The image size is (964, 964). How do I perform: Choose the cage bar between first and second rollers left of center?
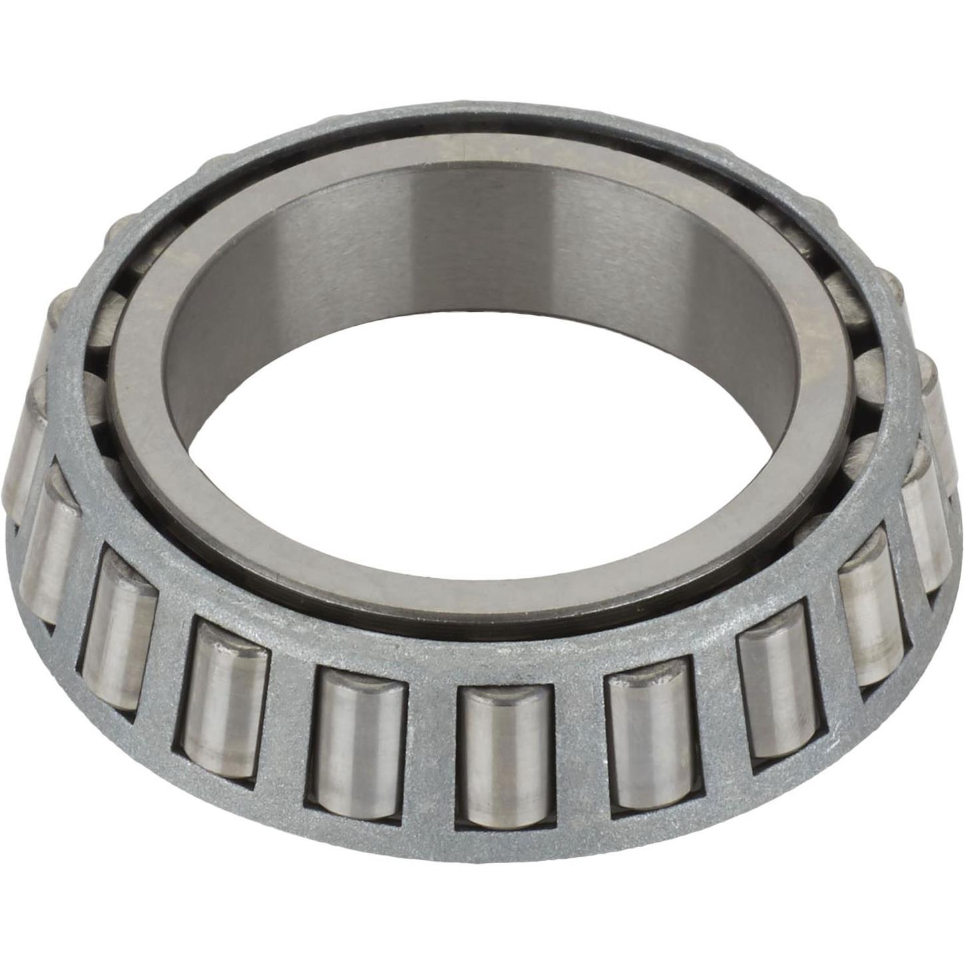coord(289,725)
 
